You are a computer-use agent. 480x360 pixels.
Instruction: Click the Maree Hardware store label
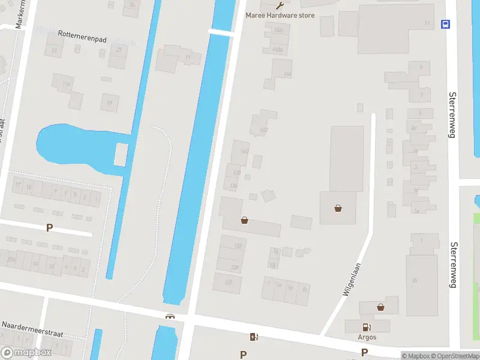tap(280, 15)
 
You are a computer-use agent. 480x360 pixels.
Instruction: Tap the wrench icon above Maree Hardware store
tap(280, 5)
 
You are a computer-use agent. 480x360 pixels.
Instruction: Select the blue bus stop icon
tap(445, 24)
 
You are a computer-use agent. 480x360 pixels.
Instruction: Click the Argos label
tap(367, 337)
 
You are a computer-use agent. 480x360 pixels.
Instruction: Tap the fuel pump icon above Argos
tap(367, 327)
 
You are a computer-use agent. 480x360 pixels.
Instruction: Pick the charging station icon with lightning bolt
tap(254, 337)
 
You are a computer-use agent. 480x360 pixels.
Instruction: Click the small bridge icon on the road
tap(170, 316)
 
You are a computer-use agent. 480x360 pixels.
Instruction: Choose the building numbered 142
tap(264, 130)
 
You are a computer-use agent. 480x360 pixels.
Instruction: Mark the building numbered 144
tap(287, 74)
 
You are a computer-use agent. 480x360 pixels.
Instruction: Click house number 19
tap(109, 103)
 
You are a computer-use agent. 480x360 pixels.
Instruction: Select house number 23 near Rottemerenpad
tap(119, 50)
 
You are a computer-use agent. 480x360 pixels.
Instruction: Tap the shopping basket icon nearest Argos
tap(380, 307)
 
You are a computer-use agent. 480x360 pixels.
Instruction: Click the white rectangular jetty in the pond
tap(120, 155)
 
